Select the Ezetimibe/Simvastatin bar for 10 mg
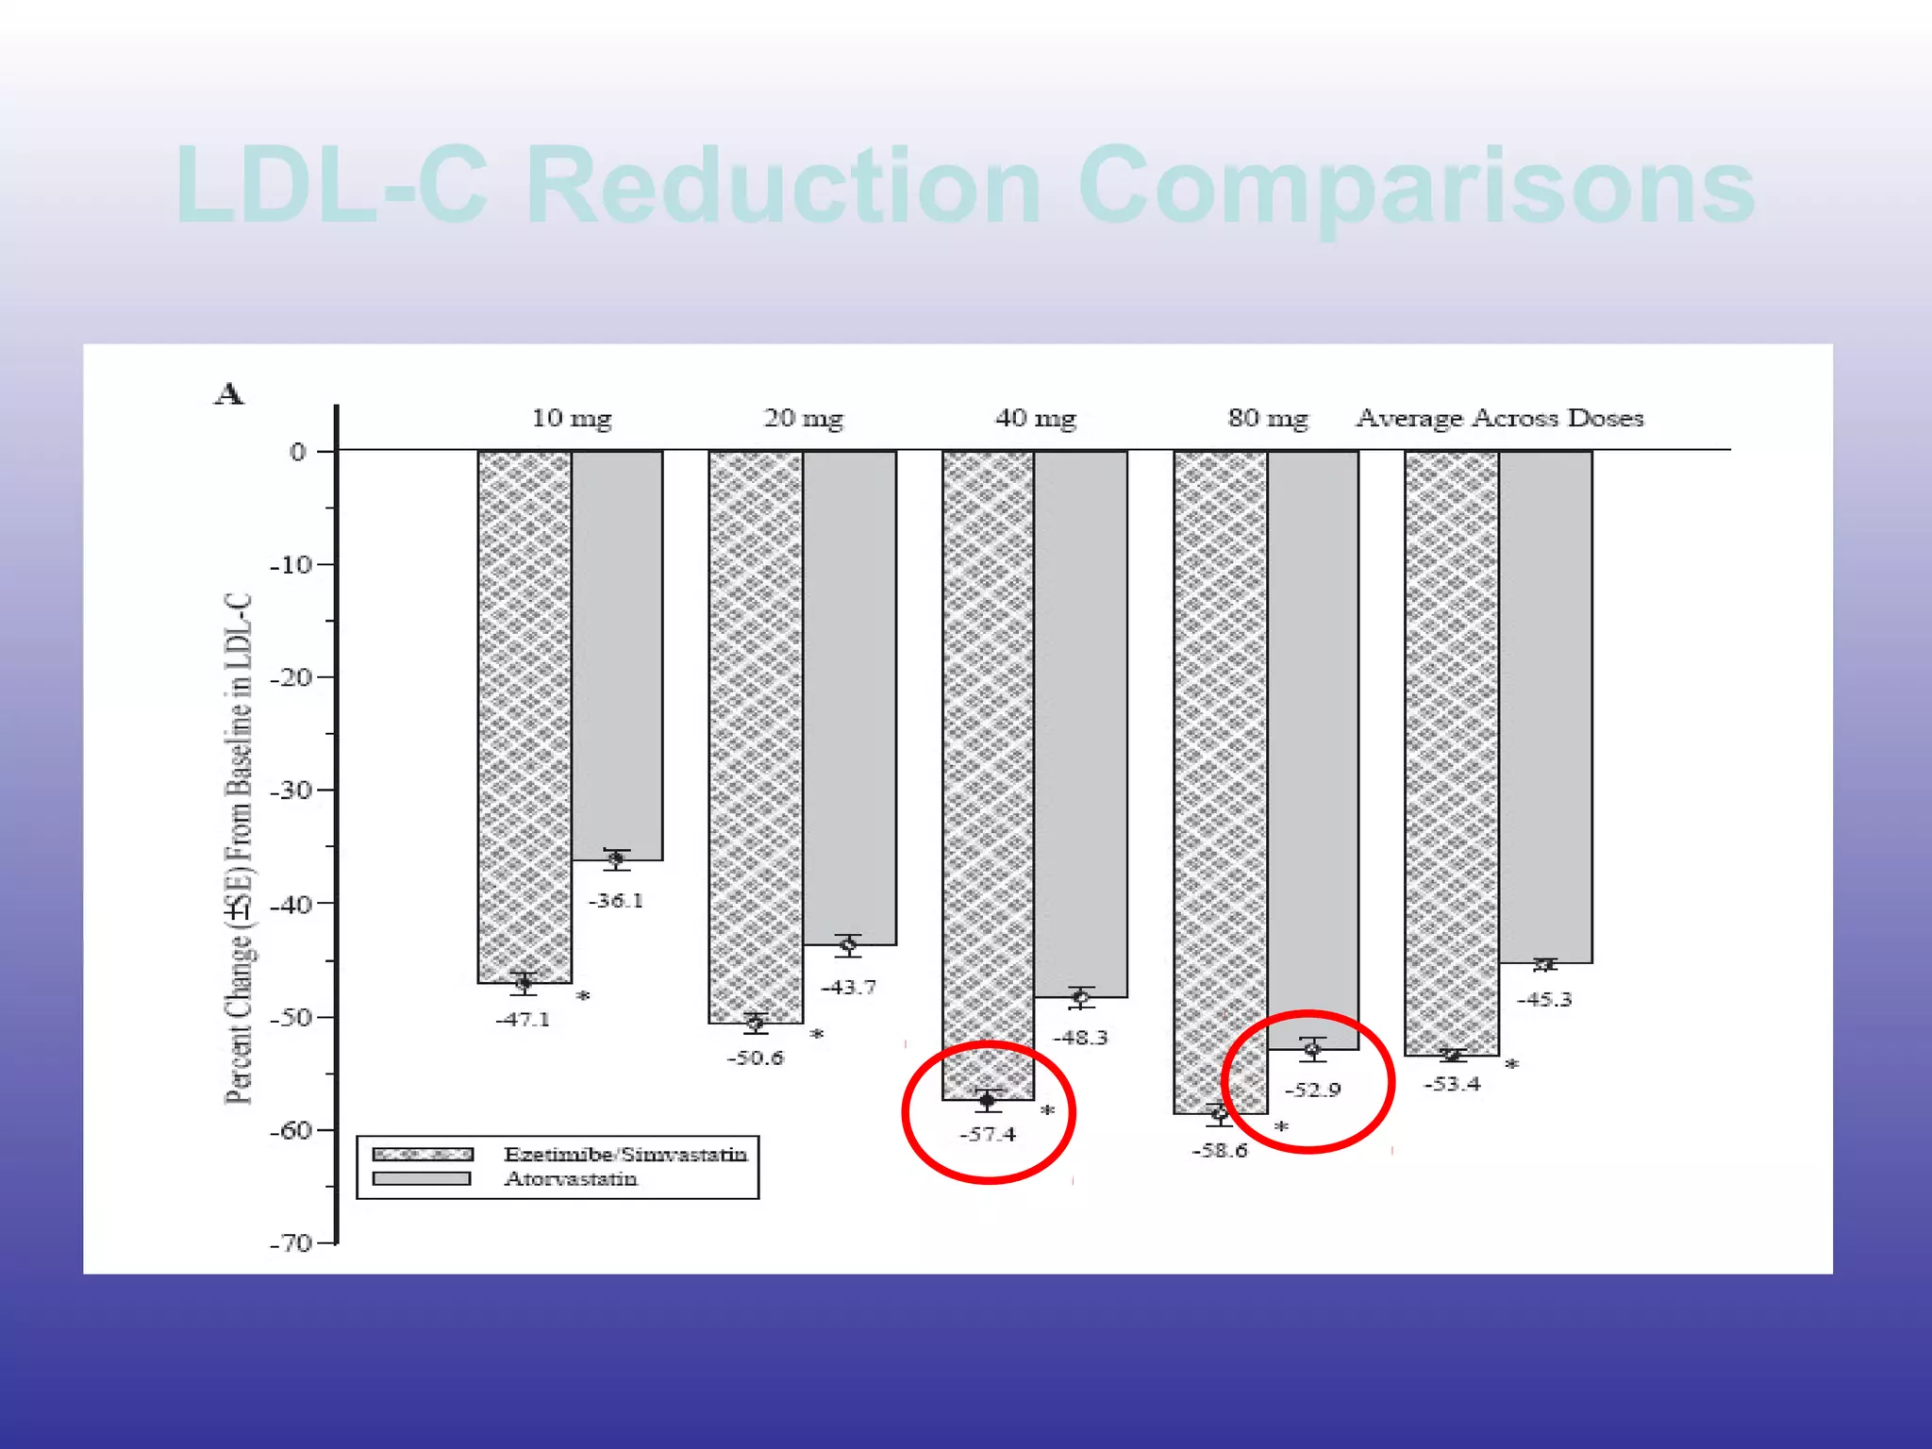[x=525, y=717]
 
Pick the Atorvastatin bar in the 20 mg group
[x=849, y=698]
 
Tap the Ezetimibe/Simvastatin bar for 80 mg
[x=1220, y=783]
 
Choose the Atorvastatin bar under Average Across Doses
[x=1545, y=708]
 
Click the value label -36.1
[x=616, y=901]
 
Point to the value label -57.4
[x=988, y=1134]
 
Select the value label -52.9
[x=1312, y=1091]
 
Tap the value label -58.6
[x=1220, y=1151]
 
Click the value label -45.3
[x=1544, y=1000]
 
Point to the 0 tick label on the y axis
[x=297, y=452]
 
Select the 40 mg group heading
[x=1035, y=418]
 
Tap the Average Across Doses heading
[x=1500, y=418]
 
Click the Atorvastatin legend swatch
[x=422, y=1178]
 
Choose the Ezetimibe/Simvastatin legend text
[x=625, y=1154]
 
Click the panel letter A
[x=229, y=393]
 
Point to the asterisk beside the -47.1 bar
[x=583, y=996]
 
